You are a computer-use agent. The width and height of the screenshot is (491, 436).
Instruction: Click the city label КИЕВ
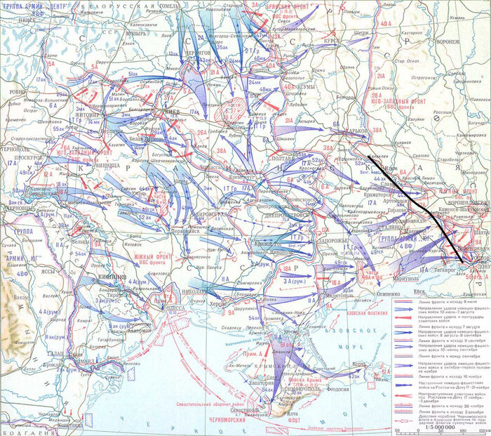172,112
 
